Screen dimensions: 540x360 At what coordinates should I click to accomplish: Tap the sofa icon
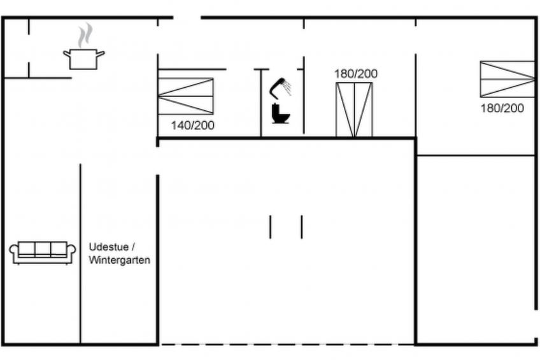point(43,252)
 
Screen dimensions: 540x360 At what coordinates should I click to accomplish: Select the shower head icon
point(280,87)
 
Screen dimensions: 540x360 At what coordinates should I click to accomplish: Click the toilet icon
point(280,113)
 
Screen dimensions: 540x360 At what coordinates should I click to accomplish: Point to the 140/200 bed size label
point(193,126)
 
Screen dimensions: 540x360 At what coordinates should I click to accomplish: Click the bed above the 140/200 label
point(186,96)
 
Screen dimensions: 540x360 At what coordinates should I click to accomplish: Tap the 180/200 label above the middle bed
point(356,74)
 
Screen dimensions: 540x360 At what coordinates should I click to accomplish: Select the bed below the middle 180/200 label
point(354,110)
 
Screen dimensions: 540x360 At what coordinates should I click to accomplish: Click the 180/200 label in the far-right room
point(502,108)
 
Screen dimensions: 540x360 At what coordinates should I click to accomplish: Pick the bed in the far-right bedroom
point(508,79)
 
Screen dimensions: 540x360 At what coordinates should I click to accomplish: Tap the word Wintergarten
point(119,260)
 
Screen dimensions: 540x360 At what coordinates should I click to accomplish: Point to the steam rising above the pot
point(85,35)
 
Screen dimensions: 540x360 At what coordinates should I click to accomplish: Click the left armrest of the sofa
point(14,252)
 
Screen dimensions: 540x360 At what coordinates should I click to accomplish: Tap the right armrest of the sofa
point(71,252)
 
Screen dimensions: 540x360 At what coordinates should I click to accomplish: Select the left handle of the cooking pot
point(66,54)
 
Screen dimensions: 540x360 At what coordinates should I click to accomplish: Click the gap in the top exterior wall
point(187,17)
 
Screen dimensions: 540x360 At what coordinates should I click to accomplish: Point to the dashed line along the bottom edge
point(287,344)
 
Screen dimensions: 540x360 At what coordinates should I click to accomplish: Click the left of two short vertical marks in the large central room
point(271,227)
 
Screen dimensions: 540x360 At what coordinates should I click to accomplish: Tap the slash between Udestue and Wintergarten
point(133,247)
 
